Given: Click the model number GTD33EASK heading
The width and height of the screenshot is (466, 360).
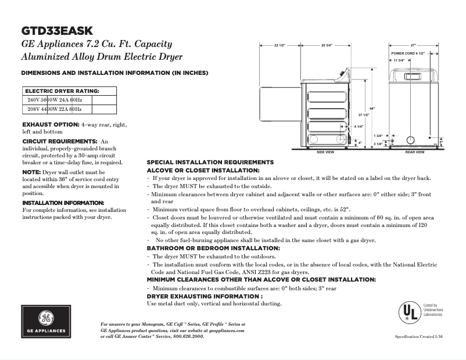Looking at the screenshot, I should pyautogui.click(x=56, y=31).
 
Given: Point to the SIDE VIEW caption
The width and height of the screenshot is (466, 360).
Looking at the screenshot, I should pyautogui.click(x=325, y=152).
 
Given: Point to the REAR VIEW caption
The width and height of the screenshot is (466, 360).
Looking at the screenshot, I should pyautogui.click(x=415, y=152).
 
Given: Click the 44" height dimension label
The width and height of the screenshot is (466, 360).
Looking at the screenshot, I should pyautogui.click(x=372, y=109).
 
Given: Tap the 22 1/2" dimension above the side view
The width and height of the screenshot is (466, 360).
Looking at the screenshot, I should pyautogui.click(x=279, y=45).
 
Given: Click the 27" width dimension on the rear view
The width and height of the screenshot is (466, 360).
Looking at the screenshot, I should pyautogui.click(x=414, y=45).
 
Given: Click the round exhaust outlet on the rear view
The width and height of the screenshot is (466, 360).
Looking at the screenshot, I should pyautogui.click(x=411, y=140).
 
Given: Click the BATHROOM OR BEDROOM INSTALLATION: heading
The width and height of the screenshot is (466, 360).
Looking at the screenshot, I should pyautogui.click(x=213, y=248).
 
